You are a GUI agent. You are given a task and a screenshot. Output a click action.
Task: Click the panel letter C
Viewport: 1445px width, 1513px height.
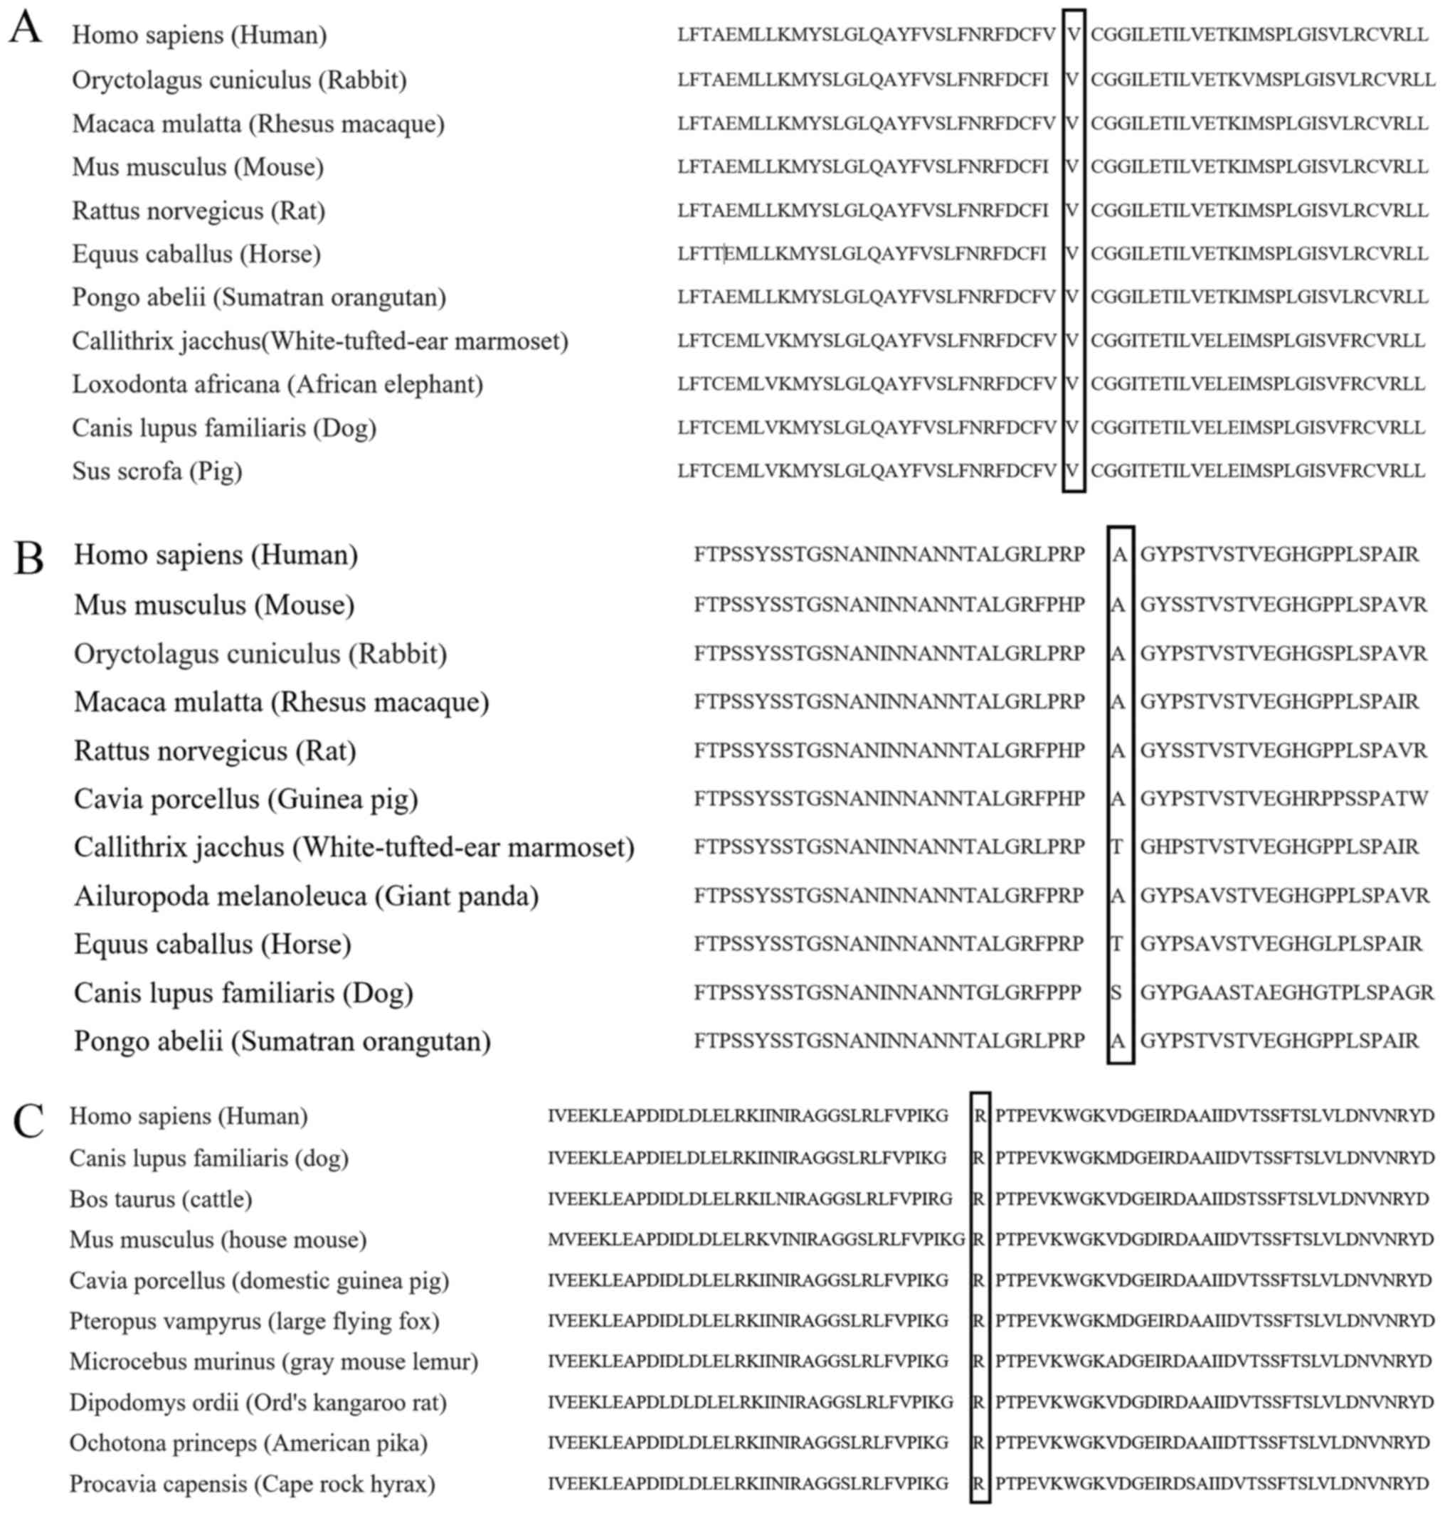tap(28, 1121)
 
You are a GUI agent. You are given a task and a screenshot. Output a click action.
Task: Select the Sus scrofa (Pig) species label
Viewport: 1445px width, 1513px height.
tap(157, 470)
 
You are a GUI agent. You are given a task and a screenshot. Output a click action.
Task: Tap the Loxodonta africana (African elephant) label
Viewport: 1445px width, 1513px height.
tap(277, 383)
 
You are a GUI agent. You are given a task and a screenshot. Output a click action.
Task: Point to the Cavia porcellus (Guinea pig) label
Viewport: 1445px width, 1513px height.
tap(245, 798)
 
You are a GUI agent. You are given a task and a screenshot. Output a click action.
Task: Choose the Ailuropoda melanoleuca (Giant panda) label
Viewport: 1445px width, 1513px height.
tap(306, 896)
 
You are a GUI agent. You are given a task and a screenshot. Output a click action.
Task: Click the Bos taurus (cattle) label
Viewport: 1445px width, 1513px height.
tap(160, 1199)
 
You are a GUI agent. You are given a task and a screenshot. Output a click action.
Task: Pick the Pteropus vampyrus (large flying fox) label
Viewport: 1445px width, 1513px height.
tap(254, 1320)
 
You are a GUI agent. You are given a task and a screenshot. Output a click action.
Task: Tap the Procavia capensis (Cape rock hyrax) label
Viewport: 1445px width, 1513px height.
tap(252, 1483)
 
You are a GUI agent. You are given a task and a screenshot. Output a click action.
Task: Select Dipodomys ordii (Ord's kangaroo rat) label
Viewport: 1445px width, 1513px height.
tap(258, 1402)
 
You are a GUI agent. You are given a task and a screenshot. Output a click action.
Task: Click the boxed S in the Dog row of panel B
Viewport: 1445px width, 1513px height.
tap(1117, 992)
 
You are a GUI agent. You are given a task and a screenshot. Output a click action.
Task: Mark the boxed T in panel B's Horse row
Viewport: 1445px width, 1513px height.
tap(1117, 944)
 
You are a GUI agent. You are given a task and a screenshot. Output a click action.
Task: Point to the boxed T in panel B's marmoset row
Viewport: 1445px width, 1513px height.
tap(1117, 847)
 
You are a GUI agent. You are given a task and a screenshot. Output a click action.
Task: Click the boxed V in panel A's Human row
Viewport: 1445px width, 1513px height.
tap(1073, 35)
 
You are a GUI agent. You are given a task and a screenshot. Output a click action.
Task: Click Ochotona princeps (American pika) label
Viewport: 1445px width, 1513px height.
tap(248, 1442)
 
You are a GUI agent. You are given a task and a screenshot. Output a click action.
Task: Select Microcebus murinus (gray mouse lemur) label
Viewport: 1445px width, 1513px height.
tap(273, 1361)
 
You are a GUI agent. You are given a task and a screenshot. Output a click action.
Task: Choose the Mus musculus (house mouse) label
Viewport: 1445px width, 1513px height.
tap(218, 1240)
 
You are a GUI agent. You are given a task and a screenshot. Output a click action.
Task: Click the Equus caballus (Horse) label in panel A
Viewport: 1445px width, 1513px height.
tap(196, 253)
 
